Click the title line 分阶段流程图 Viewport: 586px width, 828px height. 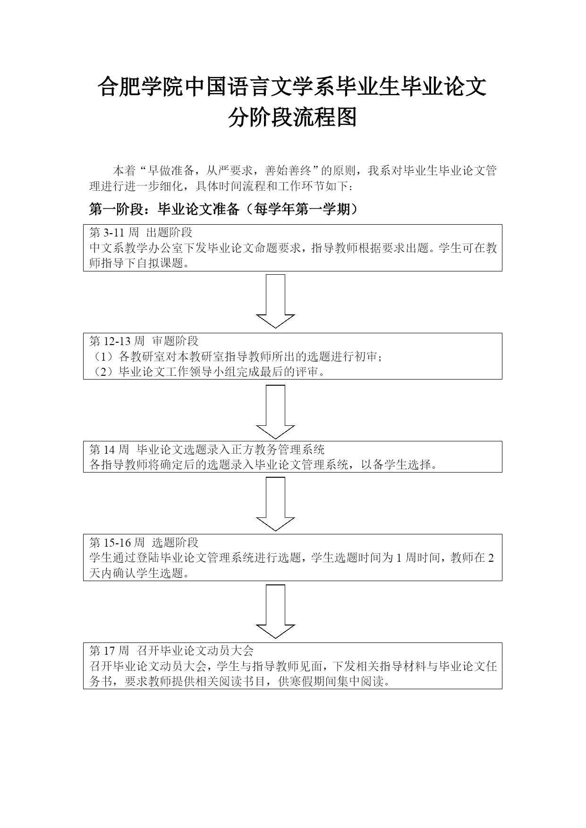click(x=292, y=118)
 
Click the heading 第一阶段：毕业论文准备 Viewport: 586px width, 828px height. click(x=164, y=209)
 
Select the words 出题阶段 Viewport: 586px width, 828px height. click(x=169, y=232)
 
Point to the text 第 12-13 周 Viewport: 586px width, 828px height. click(x=117, y=341)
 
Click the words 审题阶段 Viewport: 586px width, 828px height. click(x=175, y=341)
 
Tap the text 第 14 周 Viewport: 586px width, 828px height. click(x=109, y=449)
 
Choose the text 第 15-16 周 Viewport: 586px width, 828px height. click(x=117, y=542)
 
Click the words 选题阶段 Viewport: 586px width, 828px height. click(x=175, y=542)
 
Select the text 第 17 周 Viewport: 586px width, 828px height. click(x=109, y=651)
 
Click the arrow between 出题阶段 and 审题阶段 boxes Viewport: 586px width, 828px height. click(x=275, y=301)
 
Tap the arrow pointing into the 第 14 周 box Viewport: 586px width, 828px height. click(x=275, y=412)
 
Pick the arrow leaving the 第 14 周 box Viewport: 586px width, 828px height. click(x=275, y=504)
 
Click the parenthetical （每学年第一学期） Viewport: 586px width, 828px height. click(x=299, y=209)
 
